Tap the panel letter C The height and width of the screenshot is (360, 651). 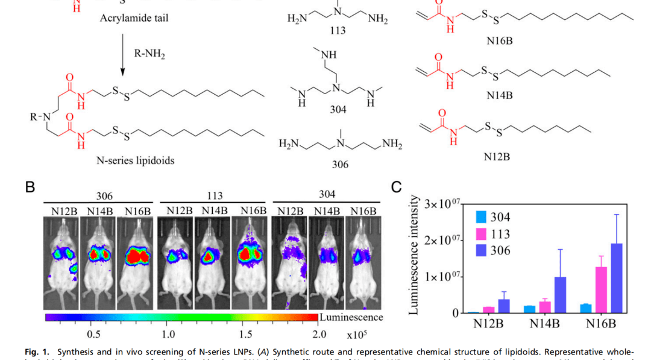pos(396,187)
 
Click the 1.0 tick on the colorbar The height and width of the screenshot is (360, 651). pos(168,333)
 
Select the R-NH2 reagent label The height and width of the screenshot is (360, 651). pos(149,54)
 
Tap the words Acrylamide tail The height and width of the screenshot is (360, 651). pos(134,18)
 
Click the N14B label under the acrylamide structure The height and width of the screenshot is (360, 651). pos(498,95)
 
